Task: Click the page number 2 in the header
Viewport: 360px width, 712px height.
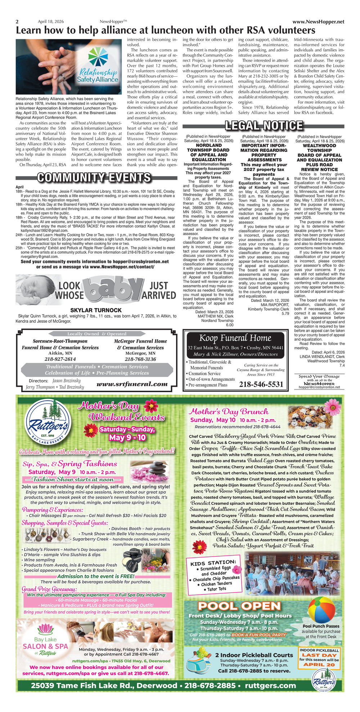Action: point(17,22)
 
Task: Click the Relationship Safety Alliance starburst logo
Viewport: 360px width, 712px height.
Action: point(98,58)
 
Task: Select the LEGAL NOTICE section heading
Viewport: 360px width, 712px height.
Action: point(264,126)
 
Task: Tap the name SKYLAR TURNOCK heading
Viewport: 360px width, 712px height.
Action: point(96,310)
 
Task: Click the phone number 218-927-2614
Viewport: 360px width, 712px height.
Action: point(60,359)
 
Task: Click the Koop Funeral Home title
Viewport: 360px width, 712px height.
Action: point(235,338)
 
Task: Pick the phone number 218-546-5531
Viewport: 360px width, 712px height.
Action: point(261,385)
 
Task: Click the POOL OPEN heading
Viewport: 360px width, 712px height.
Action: point(239,606)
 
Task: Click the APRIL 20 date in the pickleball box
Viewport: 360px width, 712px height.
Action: point(319,665)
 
